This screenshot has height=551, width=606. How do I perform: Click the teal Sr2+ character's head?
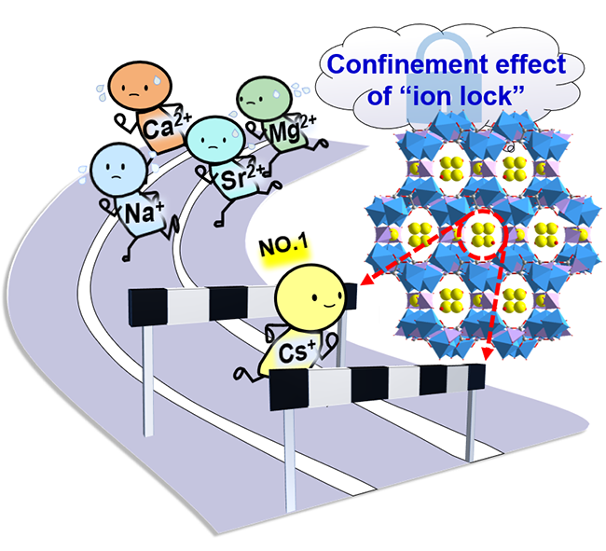click(210, 141)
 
